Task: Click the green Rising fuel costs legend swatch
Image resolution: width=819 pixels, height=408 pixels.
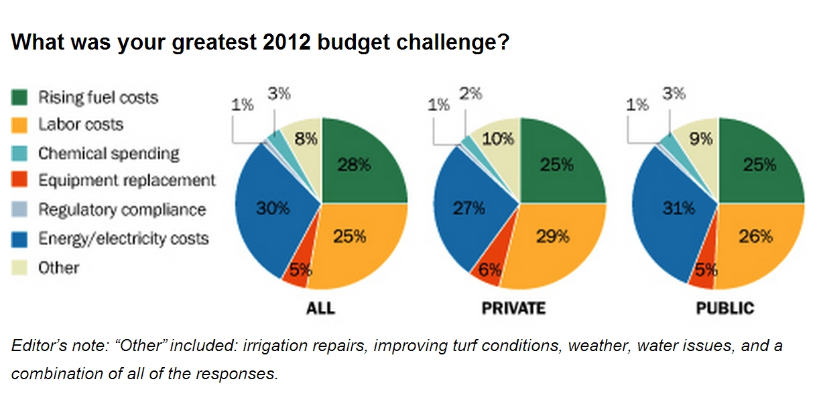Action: [x=20, y=98]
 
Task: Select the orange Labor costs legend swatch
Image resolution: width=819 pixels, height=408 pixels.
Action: [x=20, y=125]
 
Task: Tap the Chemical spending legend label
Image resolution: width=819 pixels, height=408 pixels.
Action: [x=109, y=153]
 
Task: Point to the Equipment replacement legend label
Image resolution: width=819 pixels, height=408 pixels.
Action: [x=127, y=181]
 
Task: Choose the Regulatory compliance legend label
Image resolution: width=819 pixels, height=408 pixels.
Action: [x=121, y=210]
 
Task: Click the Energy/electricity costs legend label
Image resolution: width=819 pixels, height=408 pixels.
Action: [x=123, y=239]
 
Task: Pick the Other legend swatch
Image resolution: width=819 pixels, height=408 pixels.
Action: [x=20, y=268]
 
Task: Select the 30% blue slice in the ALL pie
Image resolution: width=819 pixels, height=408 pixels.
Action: [x=271, y=209]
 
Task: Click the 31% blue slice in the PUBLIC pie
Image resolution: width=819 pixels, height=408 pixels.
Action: [x=670, y=209]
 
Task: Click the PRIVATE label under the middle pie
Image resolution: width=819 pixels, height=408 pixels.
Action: [x=513, y=309]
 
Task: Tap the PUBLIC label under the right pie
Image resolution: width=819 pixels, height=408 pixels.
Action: [x=724, y=309]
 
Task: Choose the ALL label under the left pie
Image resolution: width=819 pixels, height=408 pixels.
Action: [x=320, y=309]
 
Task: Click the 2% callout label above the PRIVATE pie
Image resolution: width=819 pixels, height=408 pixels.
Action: [x=470, y=94]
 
